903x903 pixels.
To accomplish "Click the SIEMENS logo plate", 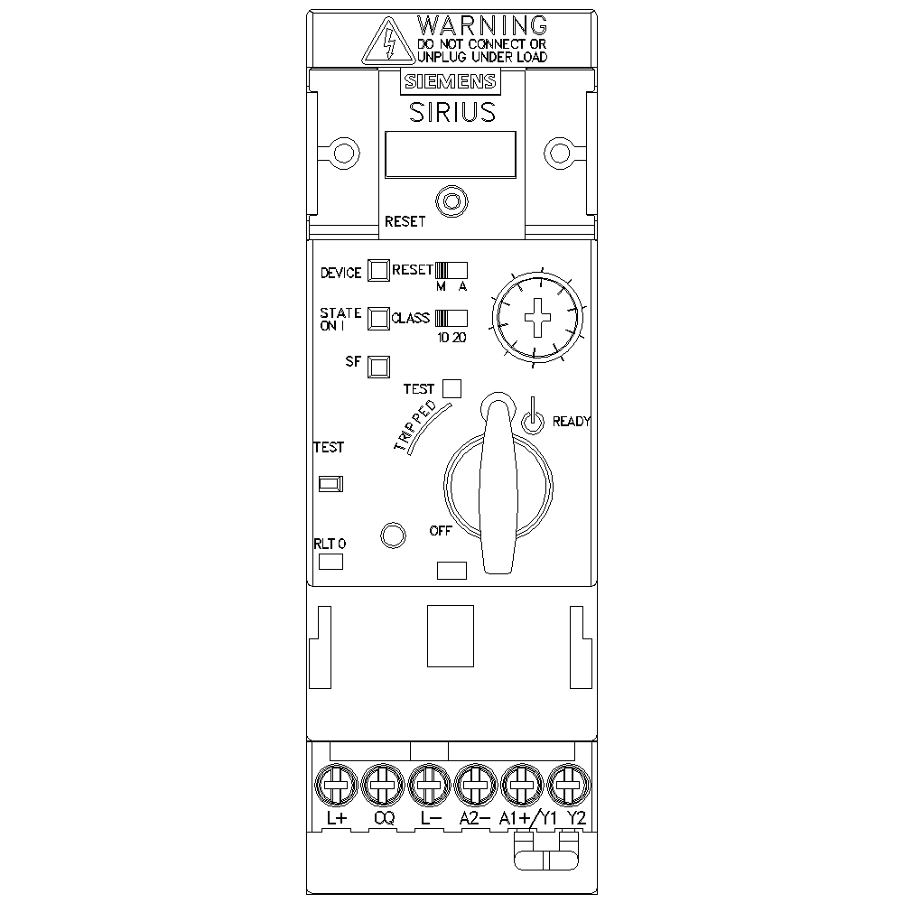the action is coord(451,82).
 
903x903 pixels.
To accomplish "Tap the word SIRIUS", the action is coord(452,112).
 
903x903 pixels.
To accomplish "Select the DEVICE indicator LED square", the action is coord(378,270).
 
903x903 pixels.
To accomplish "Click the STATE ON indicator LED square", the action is coord(378,319).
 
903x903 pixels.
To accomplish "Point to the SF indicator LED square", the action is coord(378,367).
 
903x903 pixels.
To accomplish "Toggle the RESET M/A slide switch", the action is coord(451,270).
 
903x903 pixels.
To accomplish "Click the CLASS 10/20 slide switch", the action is coord(451,319).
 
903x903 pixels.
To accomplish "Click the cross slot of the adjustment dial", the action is coord(537,317).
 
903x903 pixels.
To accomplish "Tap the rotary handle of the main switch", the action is coord(498,484).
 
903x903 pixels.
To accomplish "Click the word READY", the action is coord(572,422).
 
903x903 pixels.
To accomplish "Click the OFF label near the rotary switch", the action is coord(441,531).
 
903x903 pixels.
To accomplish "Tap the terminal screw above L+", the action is coord(336,785).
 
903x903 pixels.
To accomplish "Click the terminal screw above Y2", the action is coord(568,785).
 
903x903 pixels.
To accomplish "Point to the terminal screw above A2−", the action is coord(476,785).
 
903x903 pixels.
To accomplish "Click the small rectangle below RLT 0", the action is coord(331,562).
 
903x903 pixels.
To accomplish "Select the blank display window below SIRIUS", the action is coord(451,154).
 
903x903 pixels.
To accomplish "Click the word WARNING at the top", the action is coord(482,25).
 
